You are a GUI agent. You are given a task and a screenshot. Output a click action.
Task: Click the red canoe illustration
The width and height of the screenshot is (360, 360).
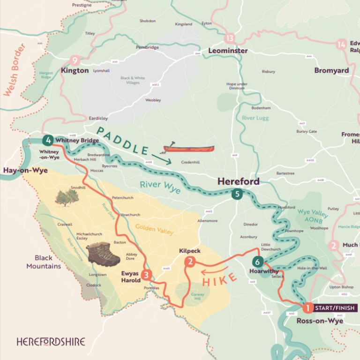(188, 149)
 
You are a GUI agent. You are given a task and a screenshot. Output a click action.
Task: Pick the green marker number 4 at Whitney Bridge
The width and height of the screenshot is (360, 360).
(47, 140)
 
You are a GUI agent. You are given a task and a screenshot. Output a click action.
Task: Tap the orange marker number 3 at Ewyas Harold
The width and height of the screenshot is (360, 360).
(147, 275)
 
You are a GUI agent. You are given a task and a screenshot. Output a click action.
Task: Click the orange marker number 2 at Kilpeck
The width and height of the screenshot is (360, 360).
(190, 262)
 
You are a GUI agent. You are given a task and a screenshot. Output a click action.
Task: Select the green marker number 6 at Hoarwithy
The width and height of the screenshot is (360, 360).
(257, 262)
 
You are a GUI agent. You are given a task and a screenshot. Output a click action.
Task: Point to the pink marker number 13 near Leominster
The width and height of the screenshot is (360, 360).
(229, 38)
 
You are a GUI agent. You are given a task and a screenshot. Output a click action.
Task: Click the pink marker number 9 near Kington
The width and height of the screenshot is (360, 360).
(74, 60)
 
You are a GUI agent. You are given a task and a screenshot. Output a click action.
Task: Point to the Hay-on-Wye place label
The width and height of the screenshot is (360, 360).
(22, 171)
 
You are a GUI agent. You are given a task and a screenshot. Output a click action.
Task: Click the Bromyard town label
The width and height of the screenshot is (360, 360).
(331, 70)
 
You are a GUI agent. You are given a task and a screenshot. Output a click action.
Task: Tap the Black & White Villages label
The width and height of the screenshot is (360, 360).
(133, 80)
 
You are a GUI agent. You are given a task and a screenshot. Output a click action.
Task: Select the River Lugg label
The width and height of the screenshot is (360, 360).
(255, 118)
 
